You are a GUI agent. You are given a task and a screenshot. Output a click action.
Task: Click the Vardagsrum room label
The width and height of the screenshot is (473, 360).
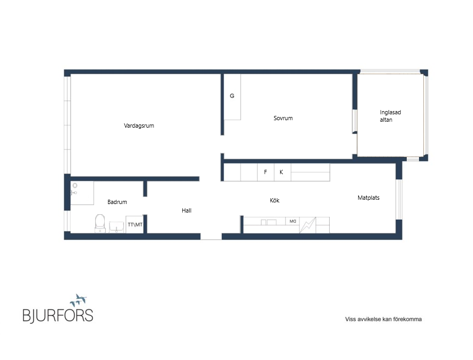pos(139,126)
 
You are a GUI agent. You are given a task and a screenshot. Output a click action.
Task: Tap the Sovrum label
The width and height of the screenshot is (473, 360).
pos(283,118)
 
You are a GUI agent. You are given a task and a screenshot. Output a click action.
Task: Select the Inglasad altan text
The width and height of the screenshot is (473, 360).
pos(390,116)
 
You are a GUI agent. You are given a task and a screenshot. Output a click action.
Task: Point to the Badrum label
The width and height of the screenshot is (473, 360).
pos(117,202)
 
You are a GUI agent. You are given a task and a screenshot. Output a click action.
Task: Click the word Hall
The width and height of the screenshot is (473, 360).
pos(187,210)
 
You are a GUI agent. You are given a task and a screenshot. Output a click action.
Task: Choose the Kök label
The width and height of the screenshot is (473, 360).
pos(275,200)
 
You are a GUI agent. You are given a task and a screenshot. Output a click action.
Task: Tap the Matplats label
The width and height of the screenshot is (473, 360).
pos(368,198)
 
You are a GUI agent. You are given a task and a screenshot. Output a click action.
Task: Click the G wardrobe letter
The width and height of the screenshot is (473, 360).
pos(232,96)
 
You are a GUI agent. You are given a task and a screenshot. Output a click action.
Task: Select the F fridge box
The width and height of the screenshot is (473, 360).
pos(266,172)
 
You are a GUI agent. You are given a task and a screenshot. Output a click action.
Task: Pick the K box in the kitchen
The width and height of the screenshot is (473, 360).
pos(283,172)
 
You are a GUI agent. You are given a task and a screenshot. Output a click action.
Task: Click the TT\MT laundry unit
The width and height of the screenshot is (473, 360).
pos(135,224)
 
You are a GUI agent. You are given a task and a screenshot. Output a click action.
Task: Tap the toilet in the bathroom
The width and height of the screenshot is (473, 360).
pos(100,223)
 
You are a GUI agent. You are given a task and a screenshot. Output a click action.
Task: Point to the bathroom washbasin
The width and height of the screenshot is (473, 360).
pos(117,227)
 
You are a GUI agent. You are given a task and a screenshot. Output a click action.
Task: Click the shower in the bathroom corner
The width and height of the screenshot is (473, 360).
pos(82,193)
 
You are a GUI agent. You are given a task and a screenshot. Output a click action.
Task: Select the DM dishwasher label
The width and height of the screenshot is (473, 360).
pos(292,221)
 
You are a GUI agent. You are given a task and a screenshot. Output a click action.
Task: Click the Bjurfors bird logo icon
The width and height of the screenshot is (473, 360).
pos(79,300)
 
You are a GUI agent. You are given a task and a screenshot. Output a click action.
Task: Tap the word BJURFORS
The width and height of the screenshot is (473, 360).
pos(58,315)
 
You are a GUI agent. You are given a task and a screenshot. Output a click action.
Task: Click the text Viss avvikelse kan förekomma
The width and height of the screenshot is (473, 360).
pos(383,319)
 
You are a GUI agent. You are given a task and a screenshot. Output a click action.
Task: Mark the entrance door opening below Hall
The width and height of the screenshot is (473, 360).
pos(211,237)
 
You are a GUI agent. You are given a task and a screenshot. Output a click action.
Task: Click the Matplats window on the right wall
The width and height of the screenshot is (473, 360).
pos(399,199)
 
